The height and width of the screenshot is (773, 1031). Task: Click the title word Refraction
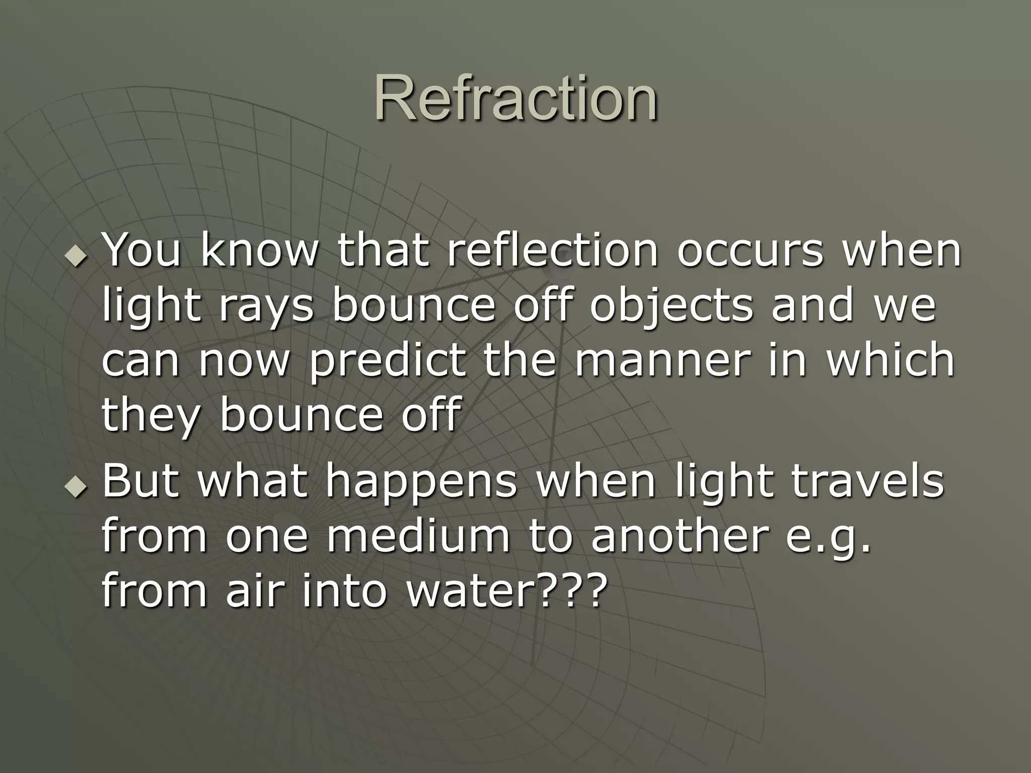[515, 98]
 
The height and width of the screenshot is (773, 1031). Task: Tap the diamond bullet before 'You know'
[76, 256]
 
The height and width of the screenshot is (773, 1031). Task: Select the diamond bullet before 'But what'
[76, 487]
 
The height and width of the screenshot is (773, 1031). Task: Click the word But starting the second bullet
[140, 481]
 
